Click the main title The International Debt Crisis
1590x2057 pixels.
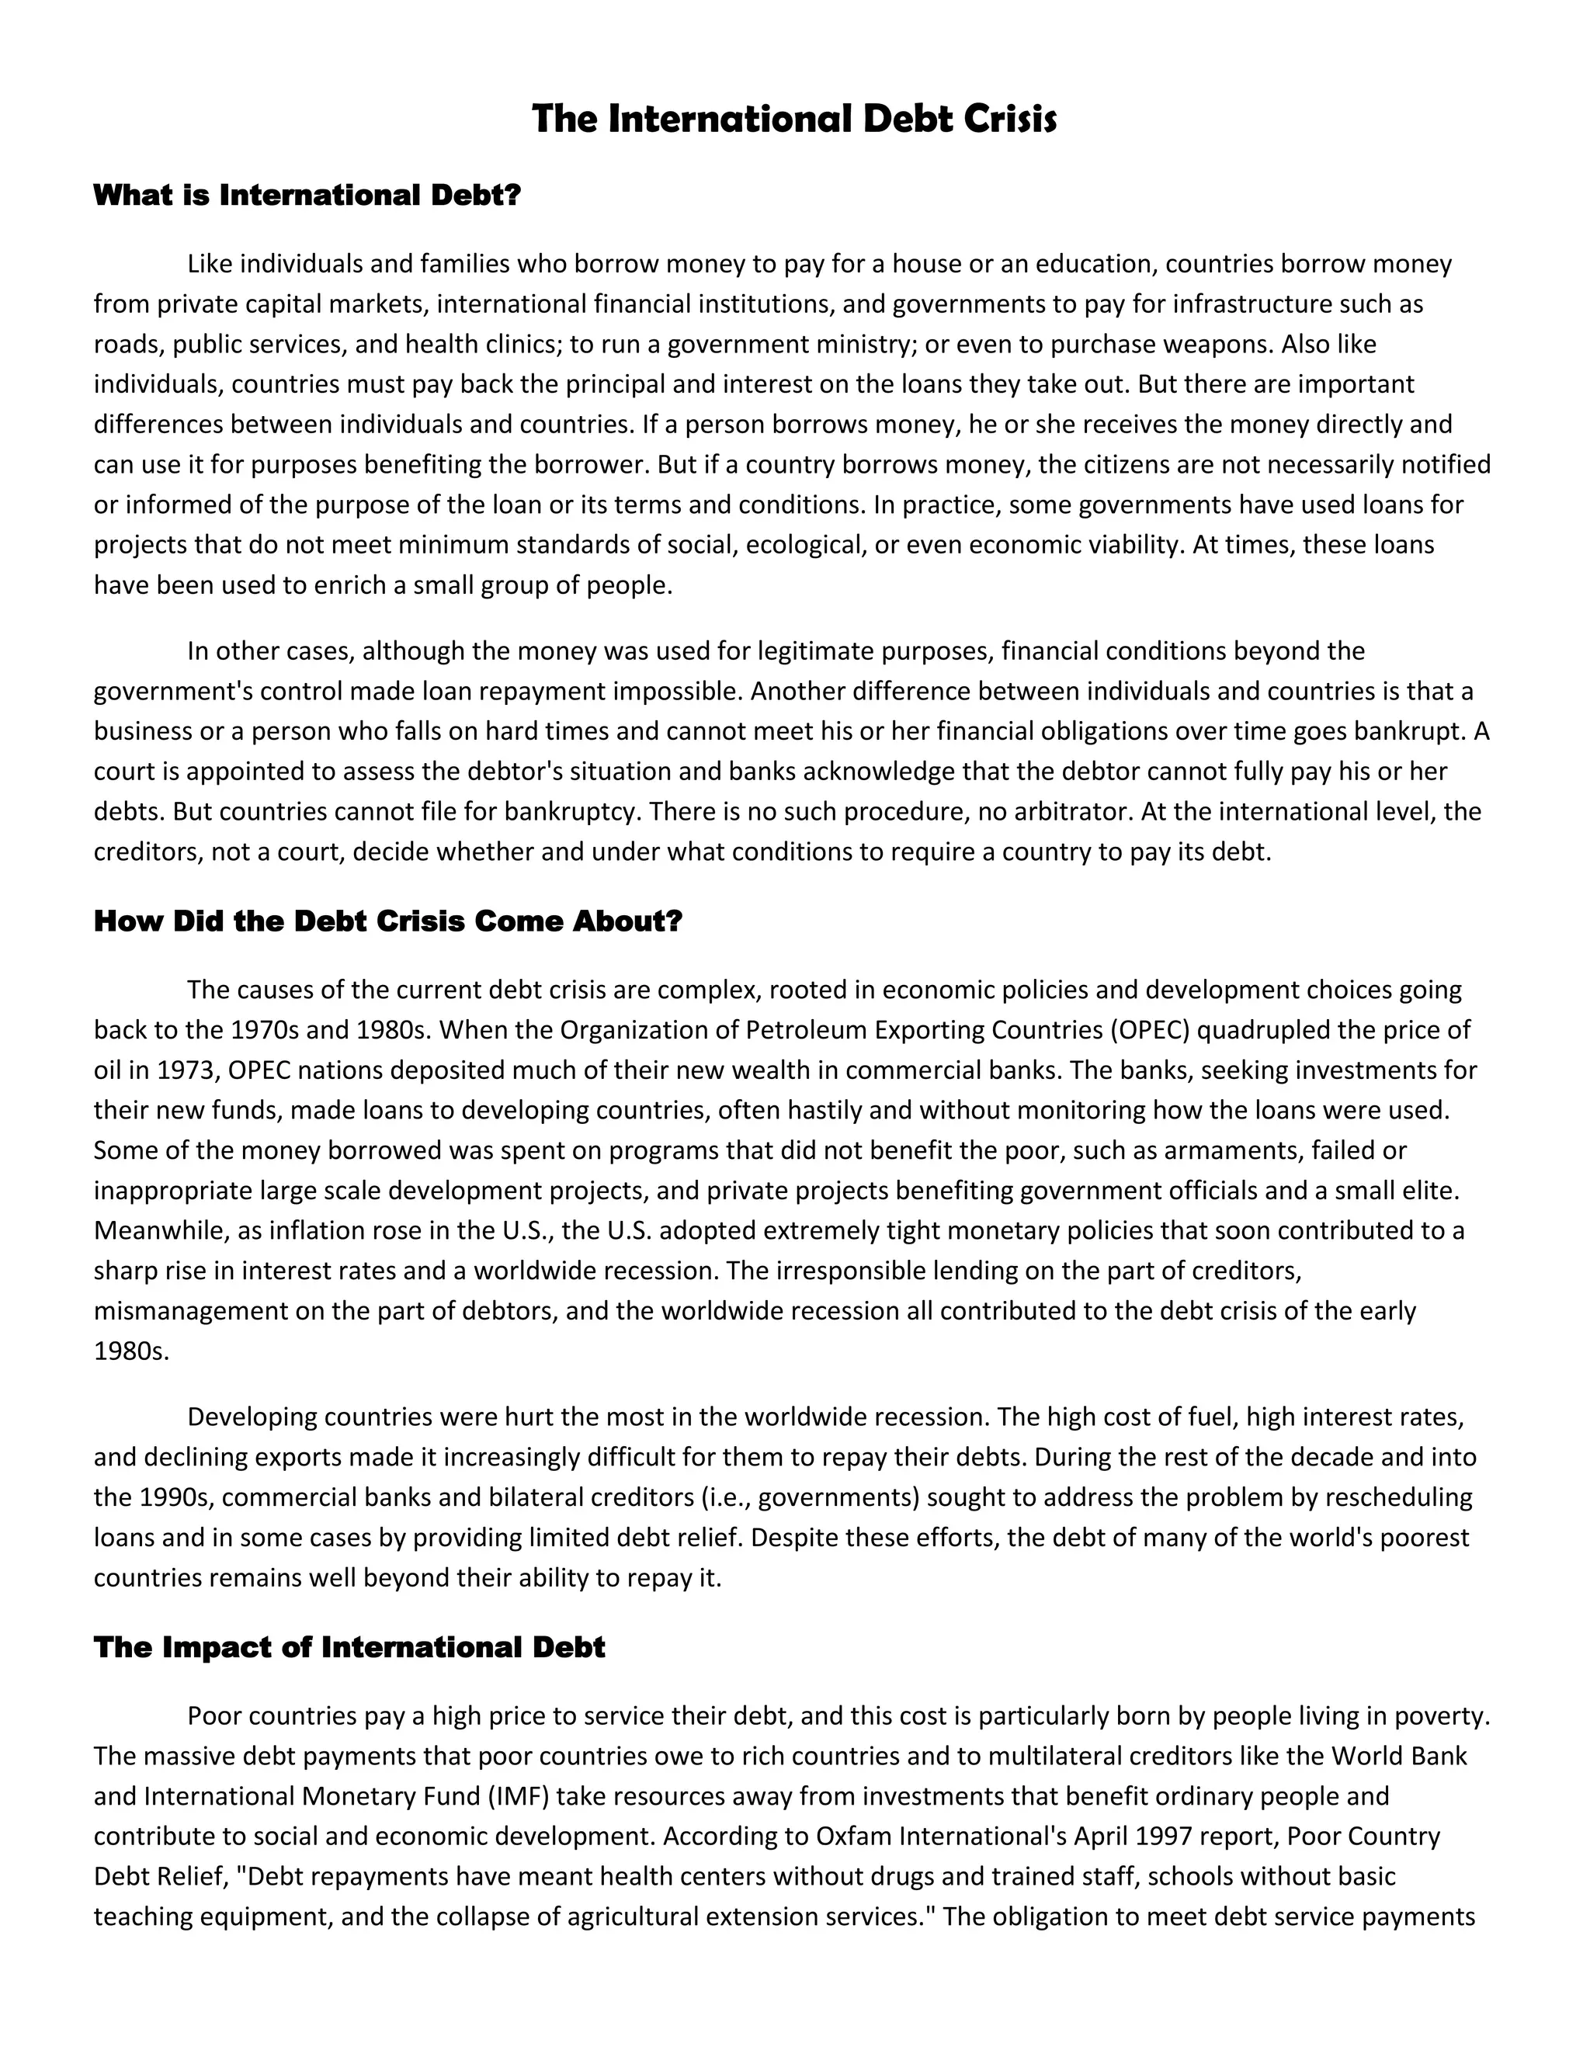coord(794,120)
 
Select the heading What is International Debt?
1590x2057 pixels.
coord(307,196)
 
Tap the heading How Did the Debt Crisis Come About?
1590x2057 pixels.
coord(387,921)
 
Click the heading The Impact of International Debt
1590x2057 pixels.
coord(349,1647)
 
